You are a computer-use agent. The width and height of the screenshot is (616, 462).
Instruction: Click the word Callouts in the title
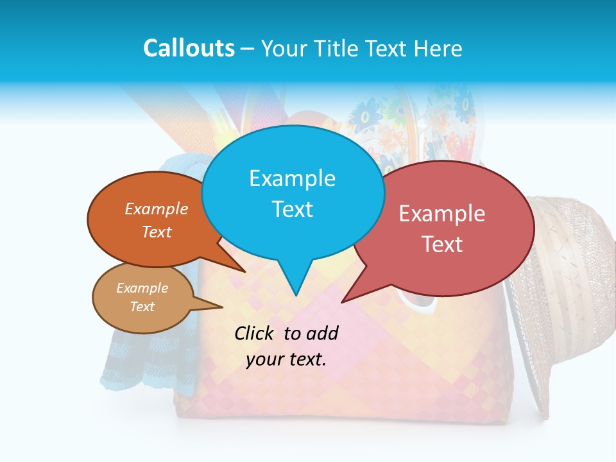coord(189,48)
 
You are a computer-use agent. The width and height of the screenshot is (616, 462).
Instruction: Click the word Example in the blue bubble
coord(292,178)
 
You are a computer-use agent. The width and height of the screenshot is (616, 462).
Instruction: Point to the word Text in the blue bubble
coord(292,209)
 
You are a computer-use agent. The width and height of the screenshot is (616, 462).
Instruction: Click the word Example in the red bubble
coord(442,214)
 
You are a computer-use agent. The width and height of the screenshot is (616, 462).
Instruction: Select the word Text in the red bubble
coord(442,244)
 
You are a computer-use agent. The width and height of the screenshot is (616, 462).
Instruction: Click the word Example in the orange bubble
coord(157,209)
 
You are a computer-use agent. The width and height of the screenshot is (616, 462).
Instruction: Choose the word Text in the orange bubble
coord(157,232)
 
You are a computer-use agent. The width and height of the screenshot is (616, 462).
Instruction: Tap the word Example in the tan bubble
coord(142,288)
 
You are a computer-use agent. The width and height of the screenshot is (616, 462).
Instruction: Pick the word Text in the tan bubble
coord(142,307)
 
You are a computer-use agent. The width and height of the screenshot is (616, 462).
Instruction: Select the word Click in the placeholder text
coord(256,334)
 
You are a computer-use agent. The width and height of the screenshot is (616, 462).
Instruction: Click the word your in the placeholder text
coord(265,359)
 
